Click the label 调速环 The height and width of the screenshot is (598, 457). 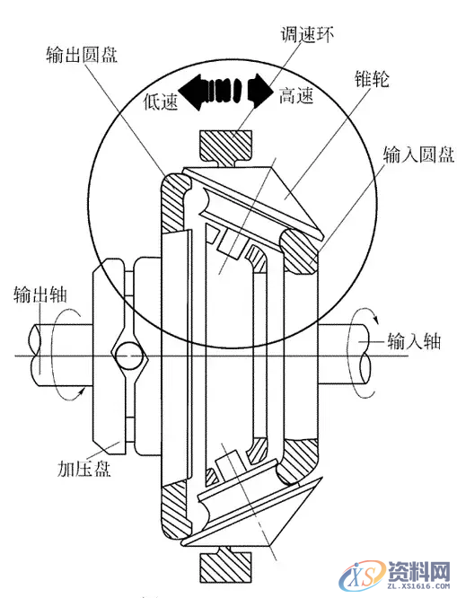coord(307,34)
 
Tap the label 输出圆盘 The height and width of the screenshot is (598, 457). coord(82,55)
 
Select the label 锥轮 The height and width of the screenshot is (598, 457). coord(372,79)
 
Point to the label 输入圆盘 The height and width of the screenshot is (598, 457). coord(418,154)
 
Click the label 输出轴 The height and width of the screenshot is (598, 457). coord(40,295)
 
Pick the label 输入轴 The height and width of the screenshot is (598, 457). coord(414,341)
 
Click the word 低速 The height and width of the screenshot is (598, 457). coord(161,101)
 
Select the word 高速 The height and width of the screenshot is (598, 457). coord(296,95)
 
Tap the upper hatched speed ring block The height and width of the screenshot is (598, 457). coord(226,146)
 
